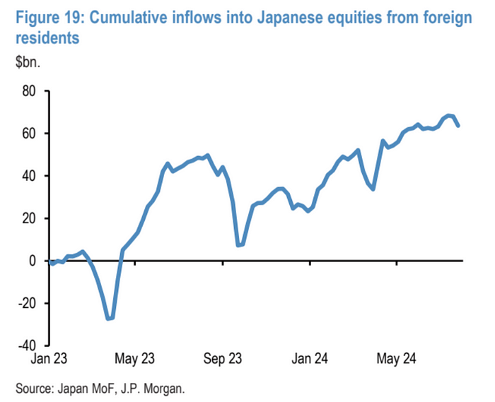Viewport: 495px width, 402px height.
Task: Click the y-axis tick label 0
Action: pos(31,261)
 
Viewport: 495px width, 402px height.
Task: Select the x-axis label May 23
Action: pos(134,359)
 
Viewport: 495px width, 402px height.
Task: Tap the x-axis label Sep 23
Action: pos(223,359)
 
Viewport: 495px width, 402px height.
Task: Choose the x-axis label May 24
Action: pos(397,359)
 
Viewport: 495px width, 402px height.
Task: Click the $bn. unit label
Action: pos(30,61)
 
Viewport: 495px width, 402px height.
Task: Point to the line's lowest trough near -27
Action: pos(110,319)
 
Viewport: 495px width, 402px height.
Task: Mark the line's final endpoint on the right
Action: pos(459,126)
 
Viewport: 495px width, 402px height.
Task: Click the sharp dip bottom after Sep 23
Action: pos(240,245)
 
